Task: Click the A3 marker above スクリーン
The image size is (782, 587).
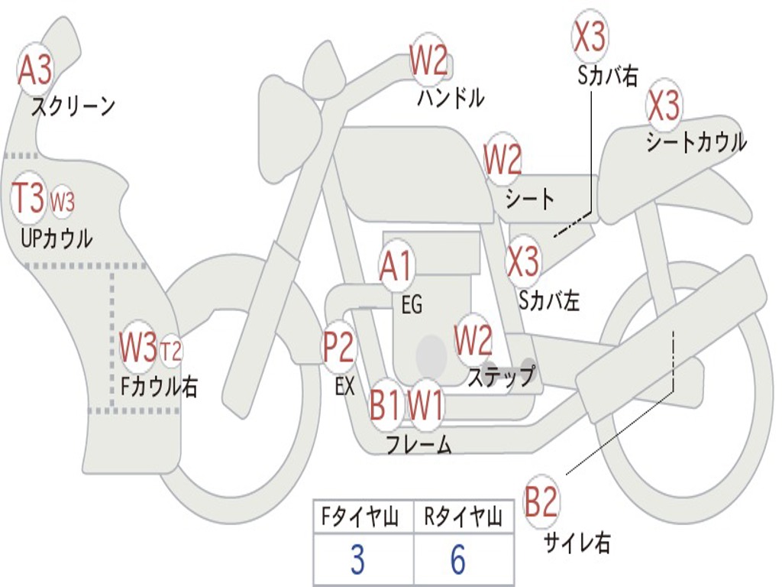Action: click(x=35, y=70)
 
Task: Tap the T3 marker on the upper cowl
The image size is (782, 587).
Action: click(x=29, y=199)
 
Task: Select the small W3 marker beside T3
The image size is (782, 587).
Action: click(x=63, y=202)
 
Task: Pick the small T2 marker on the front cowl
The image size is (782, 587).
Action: click(x=171, y=351)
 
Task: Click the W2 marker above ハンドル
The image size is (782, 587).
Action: click(x=428, y=60)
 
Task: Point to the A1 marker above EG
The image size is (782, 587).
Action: click(x=396, y=267)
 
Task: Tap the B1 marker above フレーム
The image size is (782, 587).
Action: click(x=384, y=404)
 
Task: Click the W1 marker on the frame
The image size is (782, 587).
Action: click(x=425, y=404)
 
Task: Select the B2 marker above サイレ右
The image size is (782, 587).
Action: click(x=541, y=502)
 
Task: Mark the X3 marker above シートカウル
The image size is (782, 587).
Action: click(x=664, y=105)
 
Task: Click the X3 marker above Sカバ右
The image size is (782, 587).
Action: click(x=590, y=36)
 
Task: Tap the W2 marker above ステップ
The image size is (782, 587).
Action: click(x=473, y=340)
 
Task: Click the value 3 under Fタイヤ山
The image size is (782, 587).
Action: click(x=357, y=560)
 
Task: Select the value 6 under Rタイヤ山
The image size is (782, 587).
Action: click(x=457, y=560)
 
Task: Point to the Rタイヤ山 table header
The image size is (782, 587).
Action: click(x=463, y=518)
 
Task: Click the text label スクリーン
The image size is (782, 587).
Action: click(x=73, y=106)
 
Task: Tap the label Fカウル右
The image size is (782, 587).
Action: click(x=160, y=386)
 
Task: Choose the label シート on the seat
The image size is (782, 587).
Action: click(x=530, y=199)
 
